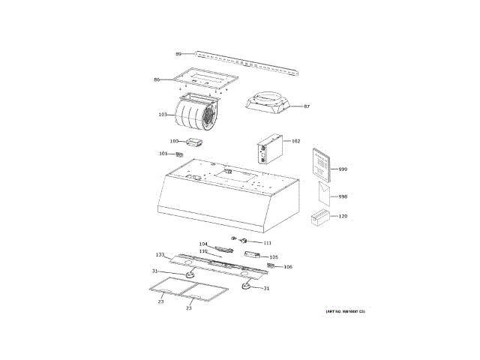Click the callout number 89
[x=178, y=54]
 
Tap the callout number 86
[x=157, y=79]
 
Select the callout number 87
[x=306, y=106]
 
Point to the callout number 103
[x=163, y=115]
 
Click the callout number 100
[x=173, y=141]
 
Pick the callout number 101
[x=163, y=154]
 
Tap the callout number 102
[x=295, y=141]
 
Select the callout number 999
[x=343, y=169]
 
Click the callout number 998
[x=343, y=196]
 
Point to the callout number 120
[x=343, y=216]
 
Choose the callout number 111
[x=267, y=243]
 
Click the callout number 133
[x=160, y=255]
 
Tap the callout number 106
[x=288, y=267]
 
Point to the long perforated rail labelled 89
[x=247, y=62]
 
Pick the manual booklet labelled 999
[x=320, y=164]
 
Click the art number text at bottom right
[x=344, y=311]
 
